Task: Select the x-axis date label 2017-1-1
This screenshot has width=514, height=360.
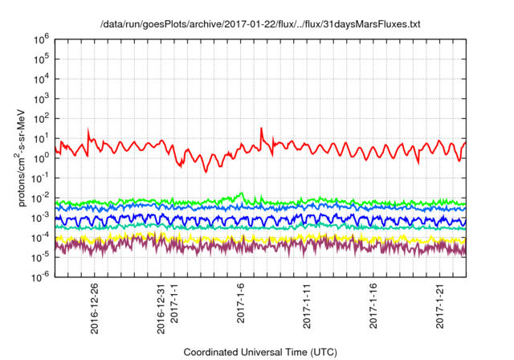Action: pos(174,304)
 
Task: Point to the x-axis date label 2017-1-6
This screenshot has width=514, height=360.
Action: pos(241,304)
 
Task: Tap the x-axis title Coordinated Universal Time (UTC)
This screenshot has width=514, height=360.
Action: pos(259,352)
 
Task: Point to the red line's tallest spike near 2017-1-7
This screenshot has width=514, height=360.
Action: pos(261,128)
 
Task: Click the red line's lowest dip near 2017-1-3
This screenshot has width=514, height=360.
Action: pos(206,171)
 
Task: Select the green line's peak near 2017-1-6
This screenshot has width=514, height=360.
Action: pos(242,193)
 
